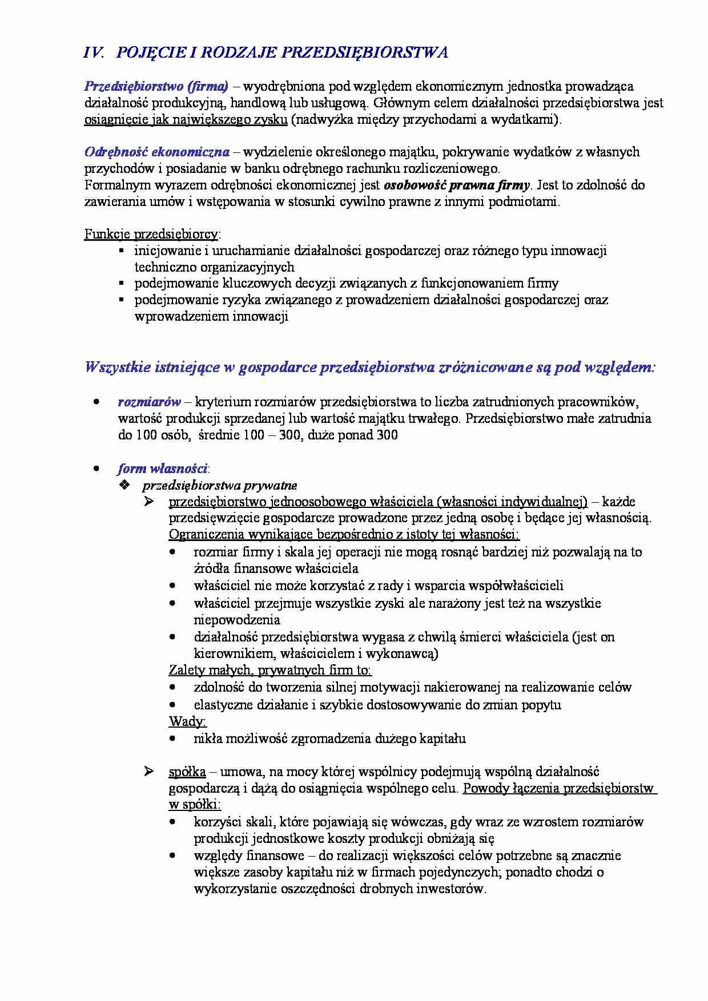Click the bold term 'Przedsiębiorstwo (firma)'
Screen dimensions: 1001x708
point(156,86)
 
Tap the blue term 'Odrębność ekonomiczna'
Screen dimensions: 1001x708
point(157,152)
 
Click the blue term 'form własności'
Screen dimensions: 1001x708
point(162,469)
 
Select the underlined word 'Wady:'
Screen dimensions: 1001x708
point(187,721)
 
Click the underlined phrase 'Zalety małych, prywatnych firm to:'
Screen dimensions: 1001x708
point(270,670)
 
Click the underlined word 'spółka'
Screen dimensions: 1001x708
point(187,772)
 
